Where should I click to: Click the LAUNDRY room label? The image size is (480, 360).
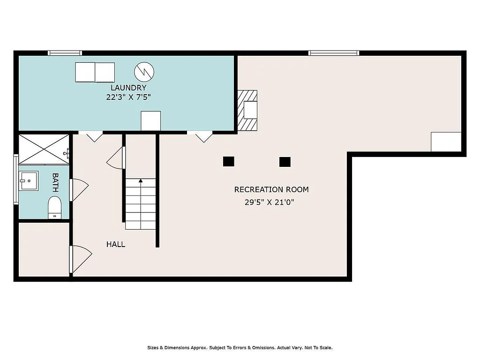coord(128,88)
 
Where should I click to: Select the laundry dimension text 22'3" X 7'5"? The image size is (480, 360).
coord(128,97)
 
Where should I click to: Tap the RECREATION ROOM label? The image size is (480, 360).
coord(271,189)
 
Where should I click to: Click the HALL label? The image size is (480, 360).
coord(115,244)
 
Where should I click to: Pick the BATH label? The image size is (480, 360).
coord(55,182)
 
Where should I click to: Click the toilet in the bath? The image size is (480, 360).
coord(55,207)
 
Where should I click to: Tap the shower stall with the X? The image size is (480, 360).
coord(43,149)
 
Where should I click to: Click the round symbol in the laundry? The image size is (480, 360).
coord(144,71)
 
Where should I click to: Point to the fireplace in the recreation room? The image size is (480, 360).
coord(247,110)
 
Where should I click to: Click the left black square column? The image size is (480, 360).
coord(228,161)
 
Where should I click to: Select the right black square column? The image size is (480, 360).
coord(285,162)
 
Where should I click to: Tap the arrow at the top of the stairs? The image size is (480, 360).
coord(141,180)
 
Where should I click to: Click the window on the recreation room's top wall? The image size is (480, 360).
coord(334,53)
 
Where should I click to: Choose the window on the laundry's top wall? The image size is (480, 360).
coord(65,53)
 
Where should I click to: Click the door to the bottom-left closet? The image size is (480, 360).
coord(80,259)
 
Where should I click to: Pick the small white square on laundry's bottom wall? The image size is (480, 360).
coord(151,121)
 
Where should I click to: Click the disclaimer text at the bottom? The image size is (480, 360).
coord(240,348)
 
